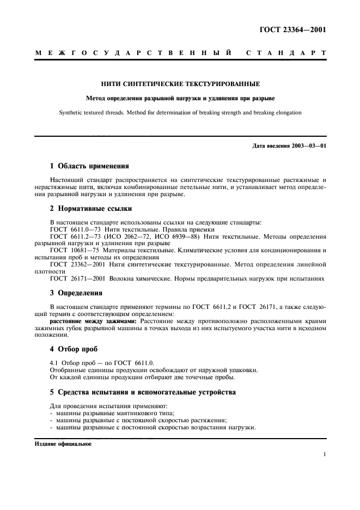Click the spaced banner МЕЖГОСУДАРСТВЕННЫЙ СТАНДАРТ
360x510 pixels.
(180, 53)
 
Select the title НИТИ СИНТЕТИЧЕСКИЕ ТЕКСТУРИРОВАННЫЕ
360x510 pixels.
(180, 84)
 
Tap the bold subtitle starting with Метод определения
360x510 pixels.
(180, 99)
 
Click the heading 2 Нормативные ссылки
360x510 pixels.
(90, 209)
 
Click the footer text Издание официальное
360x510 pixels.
(63, 444)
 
